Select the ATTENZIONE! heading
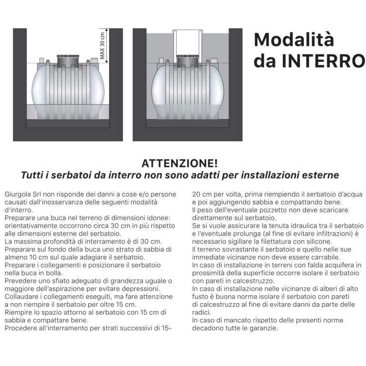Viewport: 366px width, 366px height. tap(180, 163)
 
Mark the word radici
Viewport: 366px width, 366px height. tap(202, 312)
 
